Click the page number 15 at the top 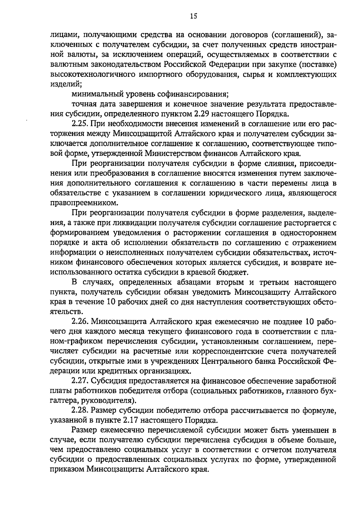[193, 17]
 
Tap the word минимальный [93, 95]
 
